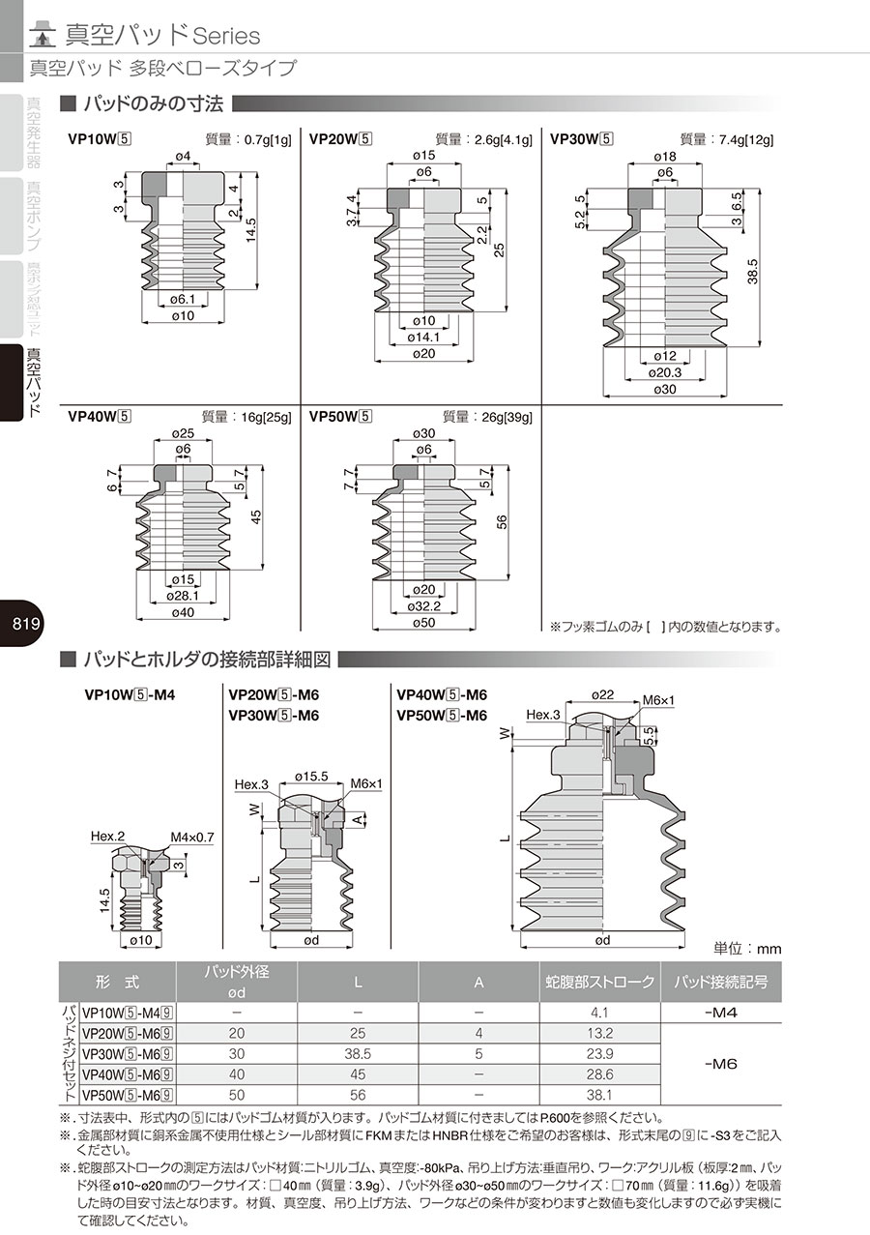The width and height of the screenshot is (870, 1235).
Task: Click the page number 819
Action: coord(26,624)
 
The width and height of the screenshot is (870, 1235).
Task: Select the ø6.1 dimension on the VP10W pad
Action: coord(183,300)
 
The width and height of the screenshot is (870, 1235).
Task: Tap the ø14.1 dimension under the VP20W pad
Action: coord(423,337)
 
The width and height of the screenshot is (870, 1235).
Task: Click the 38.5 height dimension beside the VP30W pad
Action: coord(753,272)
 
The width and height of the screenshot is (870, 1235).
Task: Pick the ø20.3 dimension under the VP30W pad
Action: coord(664,372)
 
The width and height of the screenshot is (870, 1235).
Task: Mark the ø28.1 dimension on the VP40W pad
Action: coord(183,596)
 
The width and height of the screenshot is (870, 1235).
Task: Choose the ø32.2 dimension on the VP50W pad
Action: coord(423,606)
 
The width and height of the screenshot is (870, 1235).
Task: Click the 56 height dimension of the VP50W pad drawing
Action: coord(502,522)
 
